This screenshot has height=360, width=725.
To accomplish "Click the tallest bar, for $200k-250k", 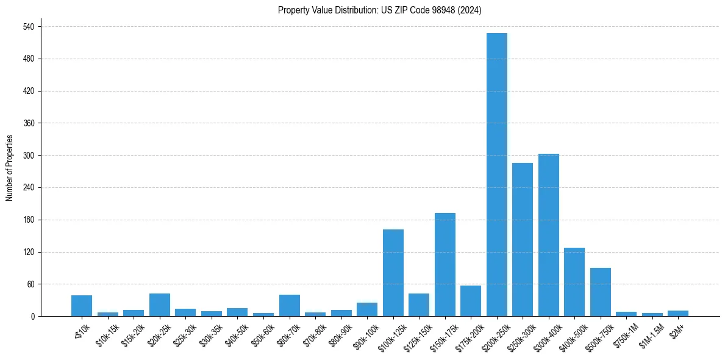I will click(x=496, y=175).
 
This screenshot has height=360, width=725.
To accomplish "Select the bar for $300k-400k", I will click(x=548, y=235).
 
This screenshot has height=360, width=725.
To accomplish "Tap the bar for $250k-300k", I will click(x=523, y=239).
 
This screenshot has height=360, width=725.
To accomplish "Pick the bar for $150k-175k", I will click(x=445, y=264).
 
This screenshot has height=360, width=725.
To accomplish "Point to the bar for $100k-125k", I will click(x=393, y=273).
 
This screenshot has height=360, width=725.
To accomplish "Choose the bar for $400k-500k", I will click(x=574, y=282).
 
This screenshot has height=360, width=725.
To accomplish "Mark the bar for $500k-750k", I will click(x=600, y=292).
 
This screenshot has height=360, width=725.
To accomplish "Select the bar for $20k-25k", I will click(x=159, y=304).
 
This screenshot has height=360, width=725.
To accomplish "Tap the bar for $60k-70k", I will click(x=289, y=305).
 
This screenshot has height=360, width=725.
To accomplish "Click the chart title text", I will click(x=379, y=10).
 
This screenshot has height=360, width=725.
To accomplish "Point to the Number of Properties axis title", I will click(x=10, y=168).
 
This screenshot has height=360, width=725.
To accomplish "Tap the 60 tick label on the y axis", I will click(x=31, y=284).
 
